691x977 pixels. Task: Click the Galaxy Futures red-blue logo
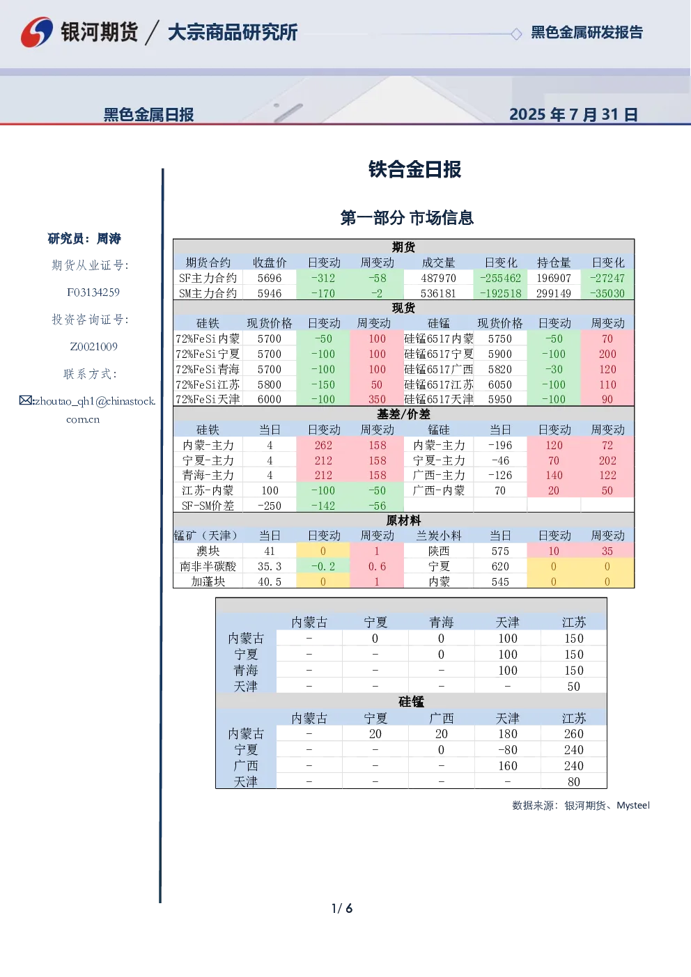point(37,32)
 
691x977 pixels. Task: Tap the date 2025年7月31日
point(574,115)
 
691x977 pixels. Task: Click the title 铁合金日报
point(414,169)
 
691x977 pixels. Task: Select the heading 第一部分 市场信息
point(407,218)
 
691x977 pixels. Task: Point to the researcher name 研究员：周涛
point(84,239)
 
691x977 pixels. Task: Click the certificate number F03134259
point(93,292)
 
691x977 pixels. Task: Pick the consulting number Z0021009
point(94,347)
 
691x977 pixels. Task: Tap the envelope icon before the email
point(26,400)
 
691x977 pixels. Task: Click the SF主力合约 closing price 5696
point(270,279)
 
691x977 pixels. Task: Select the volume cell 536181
point(438,294)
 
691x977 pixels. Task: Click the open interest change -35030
point(607,294)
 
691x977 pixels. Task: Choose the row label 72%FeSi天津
point(208,399)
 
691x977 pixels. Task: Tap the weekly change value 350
point(377,399)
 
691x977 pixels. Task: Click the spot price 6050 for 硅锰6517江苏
point(500,384)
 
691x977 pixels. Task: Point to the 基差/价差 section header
point(403,414)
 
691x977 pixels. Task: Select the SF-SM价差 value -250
point(270,506)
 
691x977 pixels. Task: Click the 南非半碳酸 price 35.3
point(270,567)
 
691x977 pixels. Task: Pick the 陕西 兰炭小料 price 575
point(500,552)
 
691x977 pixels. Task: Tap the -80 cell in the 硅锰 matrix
point(508,750)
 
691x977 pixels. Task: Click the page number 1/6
point(342,909)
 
